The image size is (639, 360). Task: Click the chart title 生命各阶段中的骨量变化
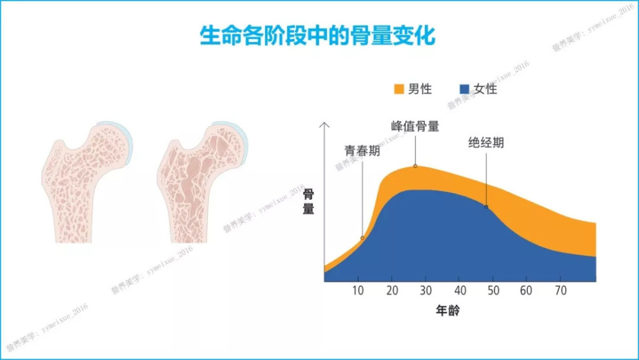coord(318,36)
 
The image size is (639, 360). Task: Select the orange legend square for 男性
coord(399,88)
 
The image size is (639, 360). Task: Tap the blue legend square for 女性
coord(464,88)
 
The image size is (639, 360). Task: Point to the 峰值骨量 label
coord(415,126)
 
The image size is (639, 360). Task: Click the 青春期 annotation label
coord(362,151)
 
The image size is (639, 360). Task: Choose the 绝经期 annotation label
coord(486,143)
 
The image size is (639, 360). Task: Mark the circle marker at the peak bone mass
coord(415,166)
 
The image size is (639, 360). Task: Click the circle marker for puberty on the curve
coord(362,238)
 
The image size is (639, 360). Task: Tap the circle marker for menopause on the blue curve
coord(486,207)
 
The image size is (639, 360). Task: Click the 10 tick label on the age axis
coord(358,290)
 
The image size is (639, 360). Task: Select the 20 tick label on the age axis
coord(392,290)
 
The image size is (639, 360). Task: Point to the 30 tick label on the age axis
coord(426,290)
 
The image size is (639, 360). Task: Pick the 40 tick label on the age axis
coord(459,290)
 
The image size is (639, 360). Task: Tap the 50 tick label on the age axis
coord(493,290)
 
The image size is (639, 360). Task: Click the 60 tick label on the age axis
coord(526,290)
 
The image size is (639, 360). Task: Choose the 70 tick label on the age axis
coord(561,290)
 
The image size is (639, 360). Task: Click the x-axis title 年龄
coord(448,311)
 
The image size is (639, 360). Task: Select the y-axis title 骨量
coord(309,202)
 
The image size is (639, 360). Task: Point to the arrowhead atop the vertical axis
coord(325,124)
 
